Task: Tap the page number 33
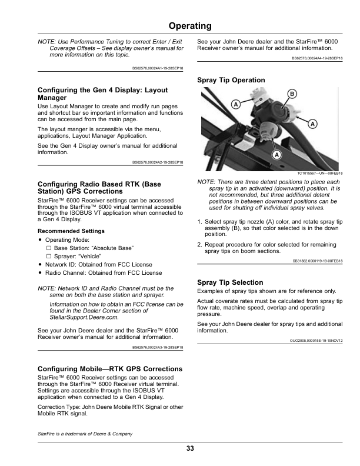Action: point(189,449)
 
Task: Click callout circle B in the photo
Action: point(291,94)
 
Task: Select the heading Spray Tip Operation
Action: point(231,79)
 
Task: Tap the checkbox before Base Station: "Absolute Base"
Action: point(49,248)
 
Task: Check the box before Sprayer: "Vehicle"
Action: point(49,257)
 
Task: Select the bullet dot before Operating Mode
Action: point(39,240)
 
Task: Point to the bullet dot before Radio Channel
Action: point(39,273)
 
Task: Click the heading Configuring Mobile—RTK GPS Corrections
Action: point(110,369)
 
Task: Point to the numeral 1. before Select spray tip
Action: point(200,221)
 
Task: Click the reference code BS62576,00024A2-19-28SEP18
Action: point(158,162)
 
